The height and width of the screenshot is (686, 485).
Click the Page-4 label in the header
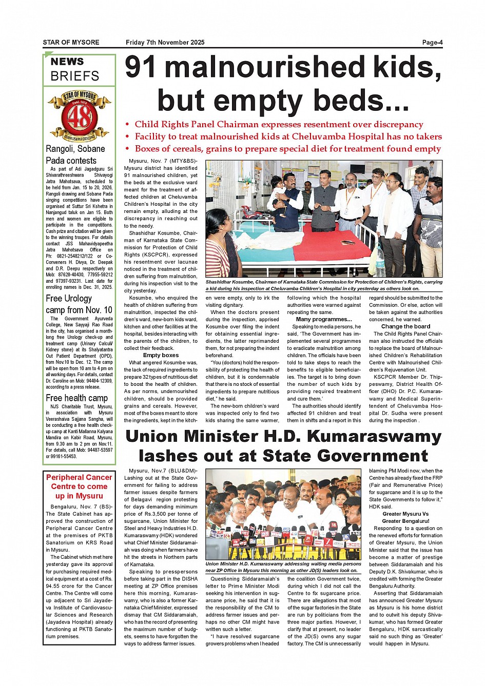click(432, 43)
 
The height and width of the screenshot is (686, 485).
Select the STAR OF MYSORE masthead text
click(71, 43)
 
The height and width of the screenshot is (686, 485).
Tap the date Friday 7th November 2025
click(165, 43)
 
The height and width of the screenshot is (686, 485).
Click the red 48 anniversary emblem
click(79, 117)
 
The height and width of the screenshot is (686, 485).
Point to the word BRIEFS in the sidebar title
click(75, 76)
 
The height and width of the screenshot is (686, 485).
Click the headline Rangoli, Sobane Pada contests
click(75, 154)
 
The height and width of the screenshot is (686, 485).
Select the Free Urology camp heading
click(79, 304)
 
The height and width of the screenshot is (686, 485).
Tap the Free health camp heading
click(76, 398)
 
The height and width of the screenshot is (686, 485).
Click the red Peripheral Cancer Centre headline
click(79, 486)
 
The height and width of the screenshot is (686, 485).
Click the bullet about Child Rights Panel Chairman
click(279, 124)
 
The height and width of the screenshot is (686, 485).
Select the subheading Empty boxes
click(161, 355)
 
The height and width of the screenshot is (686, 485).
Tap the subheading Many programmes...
click(324, 319)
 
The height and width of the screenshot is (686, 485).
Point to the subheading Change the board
click(405, 326)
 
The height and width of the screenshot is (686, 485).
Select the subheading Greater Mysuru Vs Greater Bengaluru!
click(405, 517)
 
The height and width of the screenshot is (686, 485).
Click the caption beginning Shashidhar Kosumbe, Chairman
click(324, 285)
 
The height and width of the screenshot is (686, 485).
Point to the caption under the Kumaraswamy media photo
click(283, 567)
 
